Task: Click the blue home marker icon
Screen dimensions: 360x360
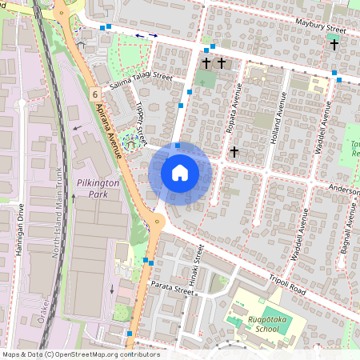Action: point(180,173)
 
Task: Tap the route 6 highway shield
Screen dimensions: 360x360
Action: point(94,94)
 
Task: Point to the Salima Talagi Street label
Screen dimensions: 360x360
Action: point(141,76)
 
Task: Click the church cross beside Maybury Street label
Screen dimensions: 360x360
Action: point(334,45)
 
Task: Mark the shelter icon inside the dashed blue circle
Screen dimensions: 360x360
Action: point(129,141)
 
